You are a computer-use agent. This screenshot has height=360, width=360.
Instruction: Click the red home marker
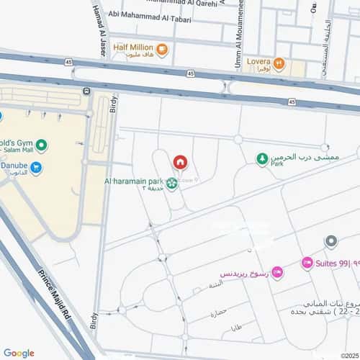[x=179, y=161]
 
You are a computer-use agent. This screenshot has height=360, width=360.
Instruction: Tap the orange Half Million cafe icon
[x=163, y=50]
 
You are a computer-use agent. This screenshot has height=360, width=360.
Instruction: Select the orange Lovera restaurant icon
[x=279, y=64]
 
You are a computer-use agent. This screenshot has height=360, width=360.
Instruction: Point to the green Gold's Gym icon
[x=42, y=146]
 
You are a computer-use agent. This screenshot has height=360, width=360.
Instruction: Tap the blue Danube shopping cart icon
[x=35, y=168]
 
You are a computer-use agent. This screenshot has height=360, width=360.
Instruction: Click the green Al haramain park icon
[x=171, y=184]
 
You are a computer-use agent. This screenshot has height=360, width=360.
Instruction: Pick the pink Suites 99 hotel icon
[x=307, y=263]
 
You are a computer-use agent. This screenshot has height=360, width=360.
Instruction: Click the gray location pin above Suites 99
[x=330, y=241]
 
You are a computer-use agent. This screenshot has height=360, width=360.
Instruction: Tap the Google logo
[x=18, y=353]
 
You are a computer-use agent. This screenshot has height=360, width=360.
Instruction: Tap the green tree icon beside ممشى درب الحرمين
[x=263, y=159]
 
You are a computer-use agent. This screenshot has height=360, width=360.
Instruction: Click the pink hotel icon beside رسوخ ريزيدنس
[x=278, y=272]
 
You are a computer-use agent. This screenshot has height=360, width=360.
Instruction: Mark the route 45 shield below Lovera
[x=292, y=102]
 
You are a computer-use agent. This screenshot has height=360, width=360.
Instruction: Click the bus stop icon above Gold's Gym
[x=87, y=91]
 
